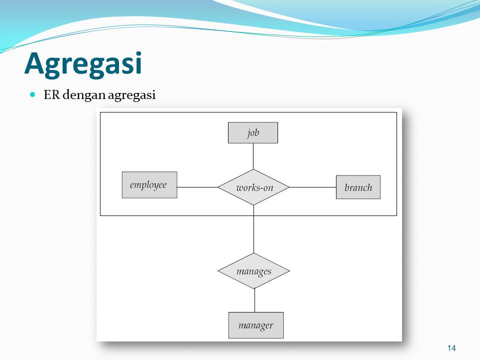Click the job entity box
click(253, 133)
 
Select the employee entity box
click(149, 185)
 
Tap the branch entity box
click(358, 187)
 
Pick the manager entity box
click(256, 325)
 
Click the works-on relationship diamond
click(253, 187)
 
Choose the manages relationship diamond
click(254, 271)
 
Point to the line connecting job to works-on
click(253, 156)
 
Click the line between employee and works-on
click(197, 187)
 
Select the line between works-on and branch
click(312, 187)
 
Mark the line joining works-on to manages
click(254, 229)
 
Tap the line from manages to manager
click(254, 300)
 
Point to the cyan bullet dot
click(33, 94)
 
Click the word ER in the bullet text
click(51, 94)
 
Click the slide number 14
click(451, 348)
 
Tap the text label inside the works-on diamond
click(254, 187)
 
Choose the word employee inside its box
click(148, 185)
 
